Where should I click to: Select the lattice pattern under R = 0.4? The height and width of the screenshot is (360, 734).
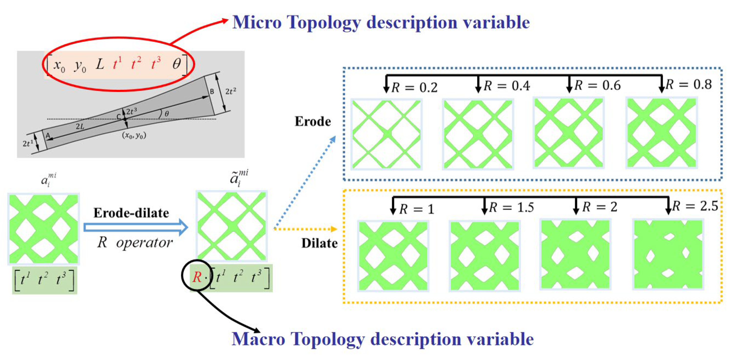pyautogui.click(x=478, y=134)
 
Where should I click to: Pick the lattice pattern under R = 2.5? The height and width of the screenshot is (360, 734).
pyautogui.click(x=668, y=254)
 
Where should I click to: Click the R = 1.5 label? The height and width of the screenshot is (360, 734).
pyautogui.click(x=511, y=207)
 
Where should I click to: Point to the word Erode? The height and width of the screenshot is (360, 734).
pyautogui.click(x=313, y=122)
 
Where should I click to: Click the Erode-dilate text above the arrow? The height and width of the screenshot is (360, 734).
pyautogui.click(x=131, y=213)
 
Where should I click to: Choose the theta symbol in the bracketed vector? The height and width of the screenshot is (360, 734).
pyautogui.click(x=176, y=64)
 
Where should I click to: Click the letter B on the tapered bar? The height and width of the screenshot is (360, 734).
pyautogui.click(x=212, y=92)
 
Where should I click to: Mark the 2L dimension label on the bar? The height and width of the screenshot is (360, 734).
pyautogui.click(x=80, y=126)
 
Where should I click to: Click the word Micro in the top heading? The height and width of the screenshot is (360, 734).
pyautogui.click(x=257, y=22)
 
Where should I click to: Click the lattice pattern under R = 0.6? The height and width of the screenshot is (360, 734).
pyautogui.click(x=569, y=133)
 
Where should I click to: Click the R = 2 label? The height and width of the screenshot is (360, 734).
pyautogui.click(x=600, y=207)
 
